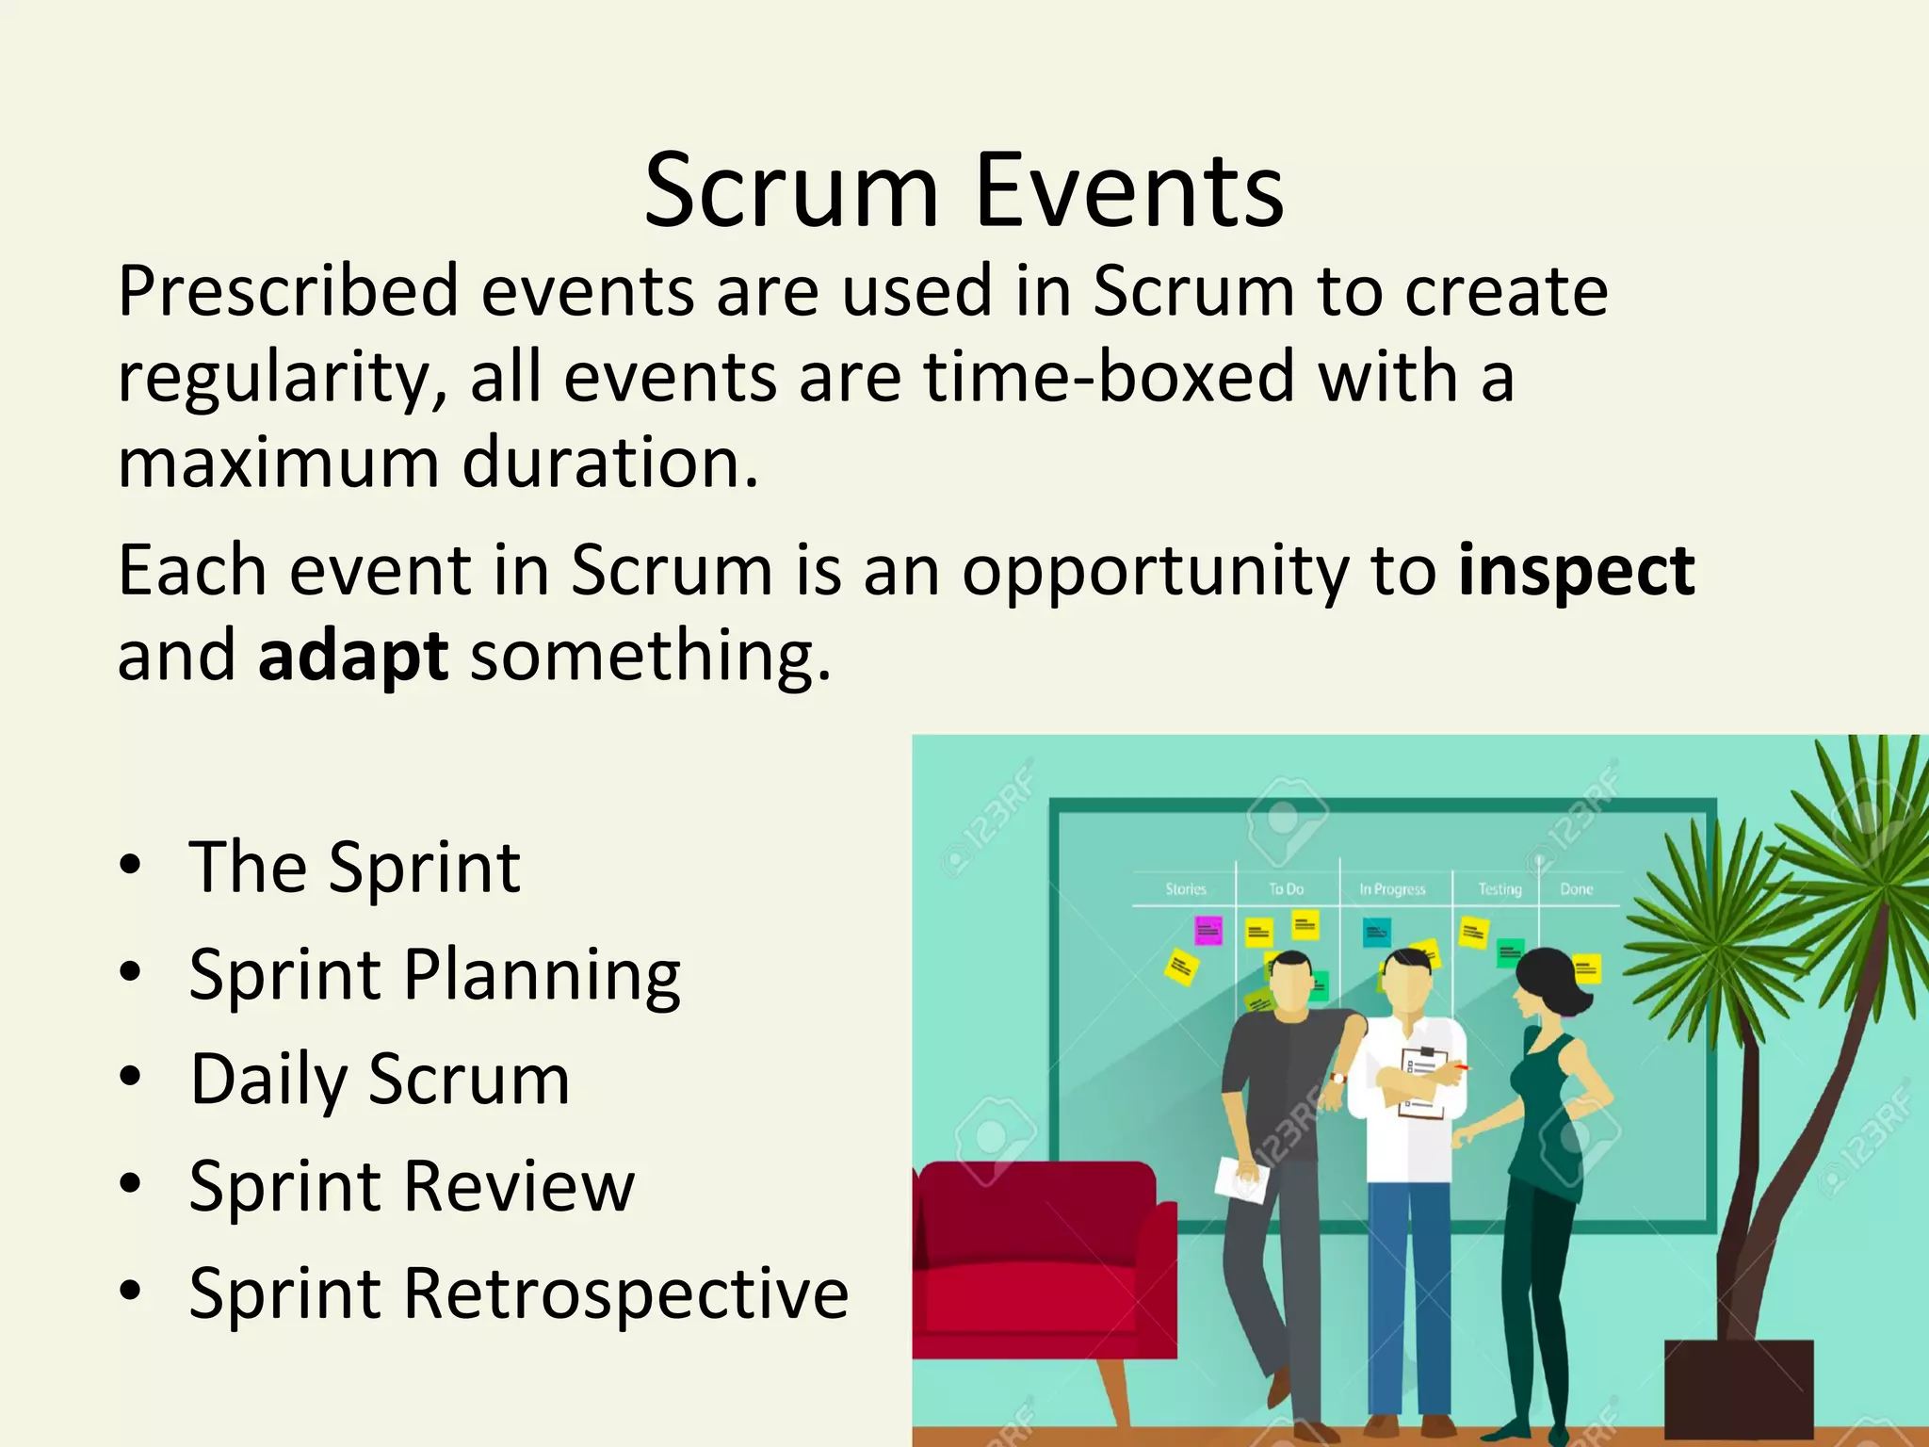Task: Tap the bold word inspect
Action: point(1576,571)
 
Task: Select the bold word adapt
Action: point(352,657)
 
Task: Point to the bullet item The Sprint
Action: point(354,868)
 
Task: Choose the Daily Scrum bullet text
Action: point(380,1080)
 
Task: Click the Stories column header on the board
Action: point(1185,889)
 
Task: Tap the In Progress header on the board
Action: point(1392,889)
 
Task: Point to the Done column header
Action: point(1576,889)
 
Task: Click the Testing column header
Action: point(1499,889)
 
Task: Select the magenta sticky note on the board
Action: point(1208,931)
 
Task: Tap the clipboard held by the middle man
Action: point(1422,1083)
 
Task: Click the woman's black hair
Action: point(1549,980)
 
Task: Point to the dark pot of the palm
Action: point(1738,1390)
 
